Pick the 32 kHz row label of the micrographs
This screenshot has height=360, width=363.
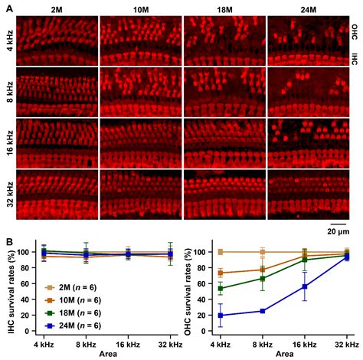click(8, 191)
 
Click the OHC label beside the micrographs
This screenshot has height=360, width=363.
click(354, 33)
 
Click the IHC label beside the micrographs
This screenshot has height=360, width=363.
click(354, 57)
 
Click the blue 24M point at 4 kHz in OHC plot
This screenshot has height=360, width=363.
click(221, 315)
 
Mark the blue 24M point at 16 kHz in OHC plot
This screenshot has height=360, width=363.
click(305, 286)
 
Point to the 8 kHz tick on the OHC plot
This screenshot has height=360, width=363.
click(263, 346)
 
